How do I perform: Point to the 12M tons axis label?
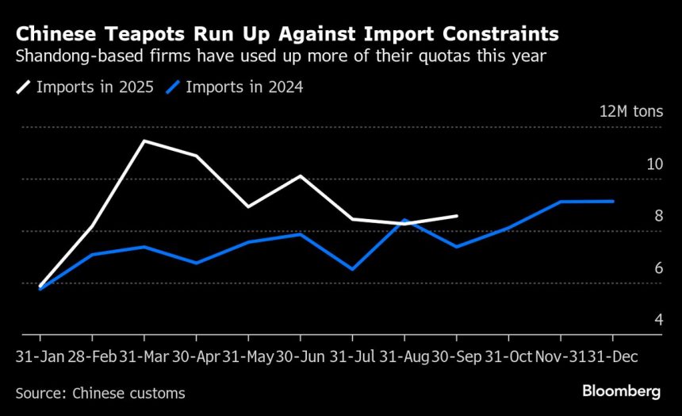630,111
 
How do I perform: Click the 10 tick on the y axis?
654,164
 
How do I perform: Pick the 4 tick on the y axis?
658,320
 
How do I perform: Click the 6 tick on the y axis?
658,268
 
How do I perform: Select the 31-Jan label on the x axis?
40,358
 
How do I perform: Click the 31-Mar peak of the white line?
144,141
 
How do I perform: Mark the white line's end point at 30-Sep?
457,215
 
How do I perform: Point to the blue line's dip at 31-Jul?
352,270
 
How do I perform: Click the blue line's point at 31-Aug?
404,220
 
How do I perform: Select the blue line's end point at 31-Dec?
613,201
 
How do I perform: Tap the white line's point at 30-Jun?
300,175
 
